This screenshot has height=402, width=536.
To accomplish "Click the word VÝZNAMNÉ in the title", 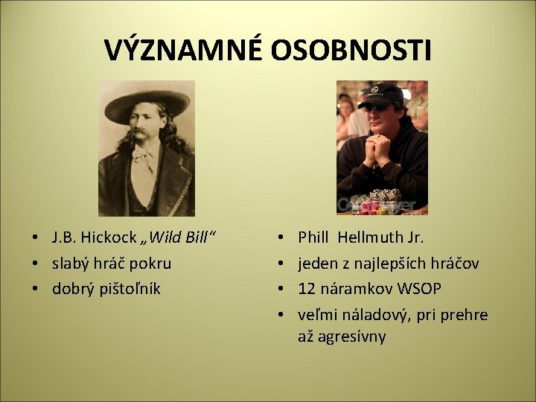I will [x=183, y=51].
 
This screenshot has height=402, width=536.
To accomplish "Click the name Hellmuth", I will [x=369, y=238].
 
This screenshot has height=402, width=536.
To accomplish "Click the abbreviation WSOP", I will [x=419, y=288].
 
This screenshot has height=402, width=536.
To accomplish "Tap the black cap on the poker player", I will [x=381, y=95].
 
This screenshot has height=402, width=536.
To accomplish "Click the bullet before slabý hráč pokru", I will [x=36, y=264].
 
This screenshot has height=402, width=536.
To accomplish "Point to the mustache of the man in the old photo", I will [x=143, y=139].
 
